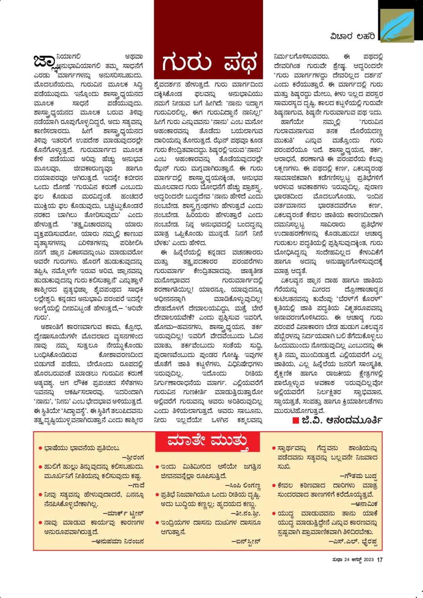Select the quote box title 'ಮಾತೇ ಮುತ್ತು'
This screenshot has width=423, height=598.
coord(208,441)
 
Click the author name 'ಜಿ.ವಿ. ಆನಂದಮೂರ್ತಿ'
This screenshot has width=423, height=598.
coord(341,420)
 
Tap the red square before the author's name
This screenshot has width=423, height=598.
coord(296,420)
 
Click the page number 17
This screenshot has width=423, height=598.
coord(380,560)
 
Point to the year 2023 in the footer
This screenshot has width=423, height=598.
coord(369,560)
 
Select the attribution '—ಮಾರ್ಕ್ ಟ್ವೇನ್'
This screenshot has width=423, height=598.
coord(123,513)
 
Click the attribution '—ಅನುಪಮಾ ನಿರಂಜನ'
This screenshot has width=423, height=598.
coord(118,542)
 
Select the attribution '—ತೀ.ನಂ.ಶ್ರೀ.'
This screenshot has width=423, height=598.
coord(246,513)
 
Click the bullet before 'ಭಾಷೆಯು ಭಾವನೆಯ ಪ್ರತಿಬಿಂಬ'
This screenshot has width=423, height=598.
coord(40,448)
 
